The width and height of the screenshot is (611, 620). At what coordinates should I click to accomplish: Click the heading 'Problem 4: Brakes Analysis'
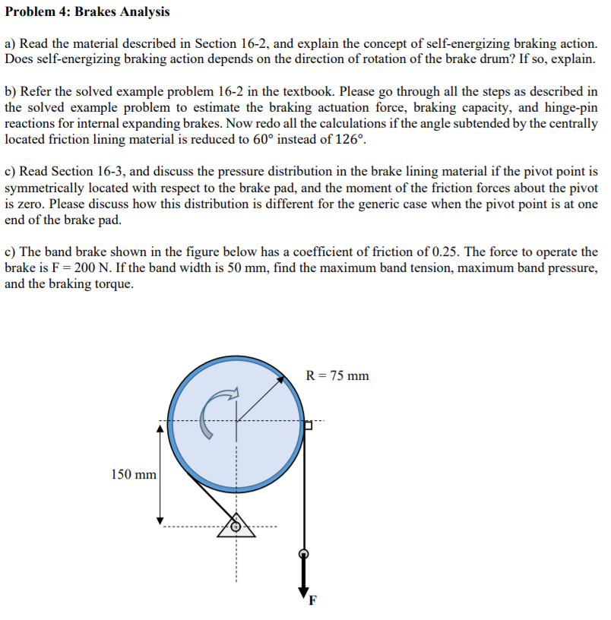87,12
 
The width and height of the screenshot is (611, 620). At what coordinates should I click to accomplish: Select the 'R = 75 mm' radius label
337,375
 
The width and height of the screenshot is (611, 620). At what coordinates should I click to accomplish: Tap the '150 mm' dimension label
134,474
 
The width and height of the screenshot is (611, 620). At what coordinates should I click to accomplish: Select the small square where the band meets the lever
308,425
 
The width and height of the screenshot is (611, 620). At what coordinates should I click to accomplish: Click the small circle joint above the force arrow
304,553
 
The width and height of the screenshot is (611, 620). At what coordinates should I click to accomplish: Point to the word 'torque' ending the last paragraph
116,284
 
